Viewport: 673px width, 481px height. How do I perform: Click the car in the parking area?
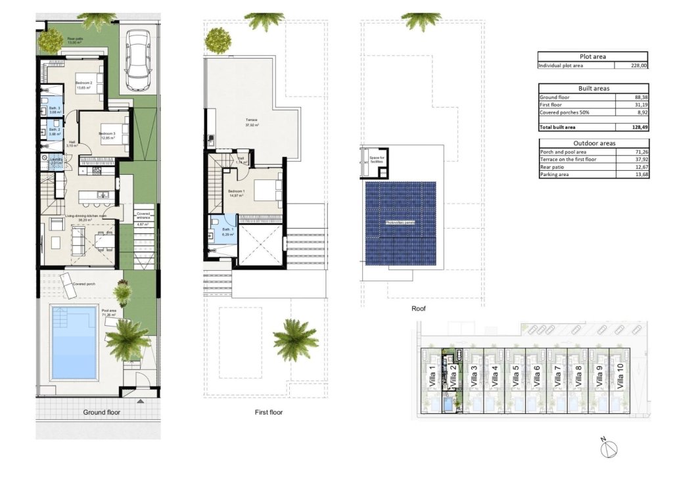pos(139,61)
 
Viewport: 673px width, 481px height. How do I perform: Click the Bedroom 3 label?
pos(108,134)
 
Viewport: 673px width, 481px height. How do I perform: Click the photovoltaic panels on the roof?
pos(401,223)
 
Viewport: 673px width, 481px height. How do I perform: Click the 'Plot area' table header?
pos(593,57)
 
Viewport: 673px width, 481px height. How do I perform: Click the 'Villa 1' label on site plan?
pos(432,377)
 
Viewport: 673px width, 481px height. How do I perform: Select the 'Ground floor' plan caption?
pos(101,413)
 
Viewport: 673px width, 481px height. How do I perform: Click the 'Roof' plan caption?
pos(419,308)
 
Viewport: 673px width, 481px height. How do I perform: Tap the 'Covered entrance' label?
pos(143,217)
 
